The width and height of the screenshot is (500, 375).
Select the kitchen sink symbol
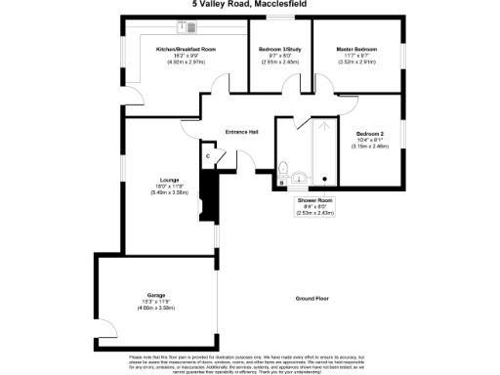click(183, 26)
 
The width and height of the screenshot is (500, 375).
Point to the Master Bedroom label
click(356, 49)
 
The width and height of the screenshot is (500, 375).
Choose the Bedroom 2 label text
click(370, 133)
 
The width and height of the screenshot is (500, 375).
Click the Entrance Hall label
click(241, 131)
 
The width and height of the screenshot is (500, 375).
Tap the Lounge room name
click(170, 180)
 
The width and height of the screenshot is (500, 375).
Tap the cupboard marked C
click(208, 156)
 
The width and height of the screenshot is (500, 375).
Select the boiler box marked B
click(282, 182)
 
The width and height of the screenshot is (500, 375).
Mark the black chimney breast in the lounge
click(205, 195)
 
